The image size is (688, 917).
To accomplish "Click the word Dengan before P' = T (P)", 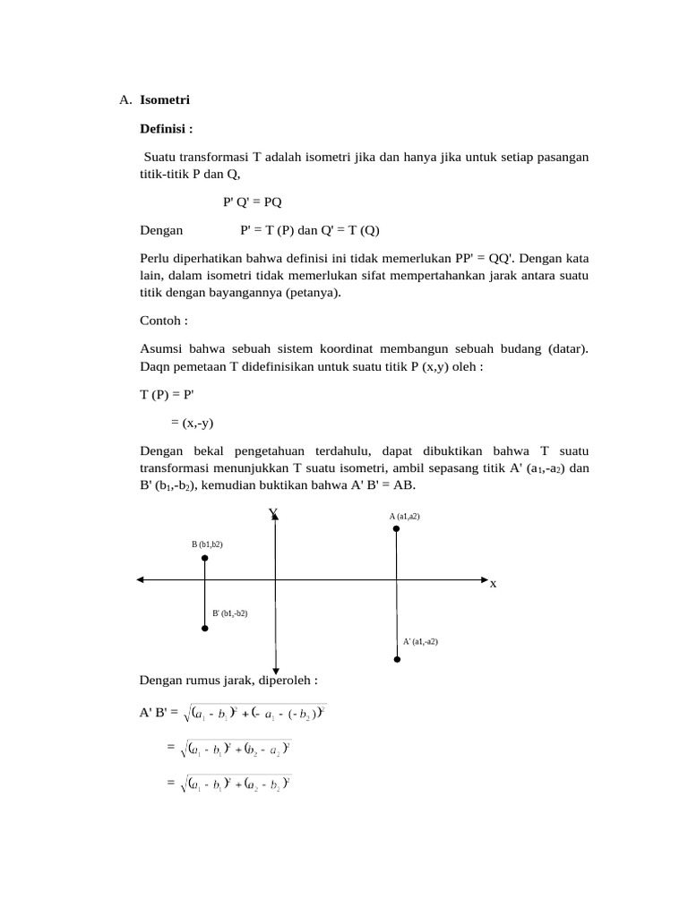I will (x=161, y=230).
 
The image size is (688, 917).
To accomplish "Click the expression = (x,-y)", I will (x=192, y=424).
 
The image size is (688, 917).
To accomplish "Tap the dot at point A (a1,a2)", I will (x=396, y=529).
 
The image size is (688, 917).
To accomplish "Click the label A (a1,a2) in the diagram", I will (x=404, y=516).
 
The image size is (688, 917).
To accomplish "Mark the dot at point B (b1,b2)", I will (x=205, y=558).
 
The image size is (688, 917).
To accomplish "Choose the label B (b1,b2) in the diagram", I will (x=207, y=544).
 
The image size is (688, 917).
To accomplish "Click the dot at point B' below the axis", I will (x=205, y=629).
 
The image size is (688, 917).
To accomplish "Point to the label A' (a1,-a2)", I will (x=420, y=641).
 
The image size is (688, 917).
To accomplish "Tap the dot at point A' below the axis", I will (x=396, y=660).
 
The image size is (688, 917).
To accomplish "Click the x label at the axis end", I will (x=493, y=584).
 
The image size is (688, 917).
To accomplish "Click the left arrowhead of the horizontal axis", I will (x=141, y=580).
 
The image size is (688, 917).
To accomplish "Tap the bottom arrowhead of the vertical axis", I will (x=275, y=669).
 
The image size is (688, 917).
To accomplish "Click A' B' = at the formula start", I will (x=159, y=713).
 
